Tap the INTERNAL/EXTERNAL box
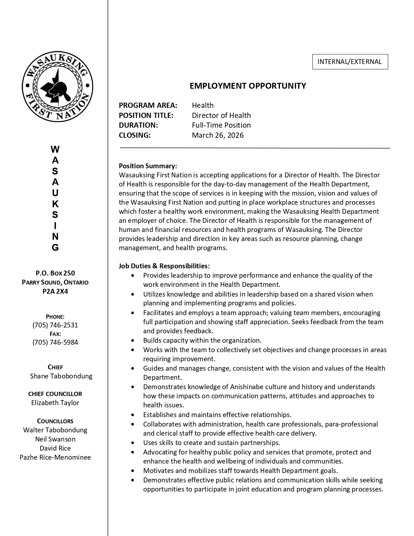(x=350, y=62)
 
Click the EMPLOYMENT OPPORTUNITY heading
(x=248, y=86)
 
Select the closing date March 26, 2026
(x=218, y=135)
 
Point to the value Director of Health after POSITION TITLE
(x=221, y=115)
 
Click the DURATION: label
(x=138, y=125)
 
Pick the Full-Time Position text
(x=221, y=125)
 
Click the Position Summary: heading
(x=148, y=166)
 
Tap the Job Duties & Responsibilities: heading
(x=164, y=266)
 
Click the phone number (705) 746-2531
(x=55, y=325)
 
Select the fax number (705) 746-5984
(x=55, y=342)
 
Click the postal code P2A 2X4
(x=55, y=291)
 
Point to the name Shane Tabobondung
(x=61, y=376)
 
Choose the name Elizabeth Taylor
(x=55, y=402)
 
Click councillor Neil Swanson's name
(x=55, y=439)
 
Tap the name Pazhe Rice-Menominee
(x=55, y=457)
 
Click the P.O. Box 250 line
(x=55, y=273)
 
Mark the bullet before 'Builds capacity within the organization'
(x=132, y=340)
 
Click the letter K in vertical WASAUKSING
(x=55, y=204)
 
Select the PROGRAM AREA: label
(x=148, y=105)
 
